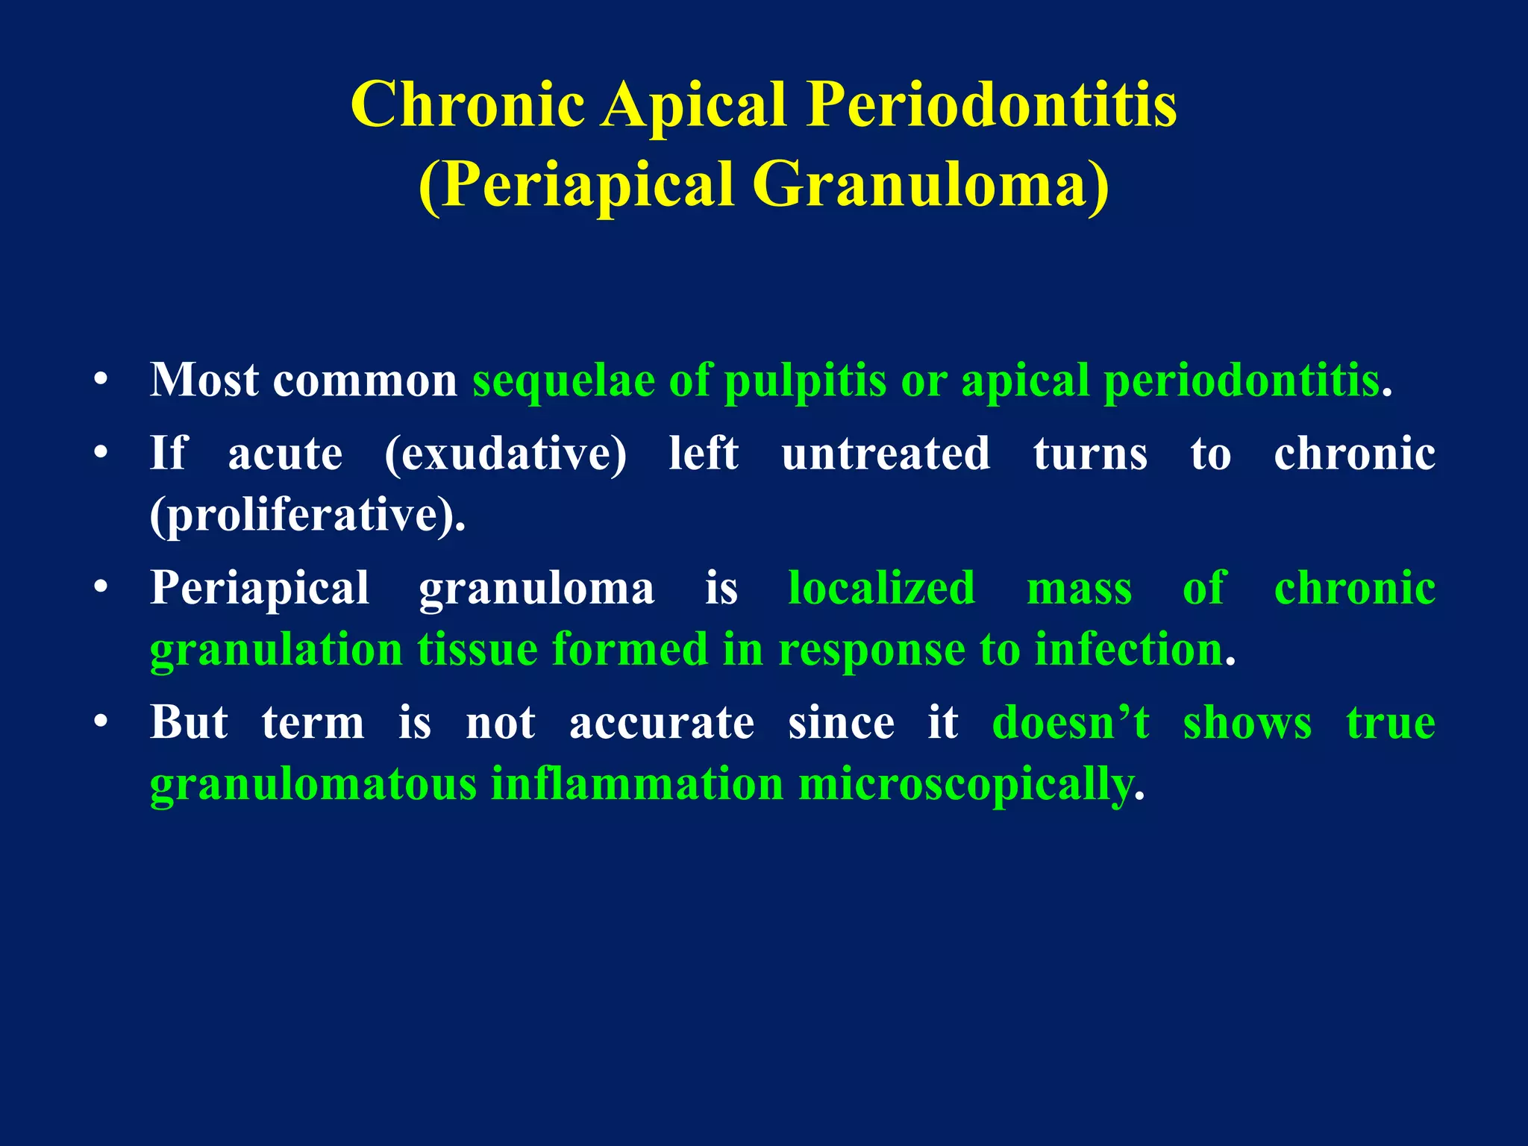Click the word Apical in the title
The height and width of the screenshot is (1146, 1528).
point(695,105)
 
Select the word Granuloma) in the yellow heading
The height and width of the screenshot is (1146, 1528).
point(930,184)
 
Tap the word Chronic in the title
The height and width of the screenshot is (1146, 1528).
point(468,105)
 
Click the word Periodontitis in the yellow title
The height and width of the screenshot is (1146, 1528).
point(992,105)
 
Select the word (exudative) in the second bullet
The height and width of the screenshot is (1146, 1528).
point(506,454)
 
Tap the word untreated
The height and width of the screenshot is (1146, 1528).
point(886,454)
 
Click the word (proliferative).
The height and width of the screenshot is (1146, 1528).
point(307,516)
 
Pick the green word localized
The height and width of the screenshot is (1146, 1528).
point(882,589)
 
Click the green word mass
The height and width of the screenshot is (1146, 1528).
point(1079,589)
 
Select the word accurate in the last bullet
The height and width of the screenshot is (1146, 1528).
point(662,723)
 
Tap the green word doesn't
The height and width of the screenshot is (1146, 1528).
point(1071,723)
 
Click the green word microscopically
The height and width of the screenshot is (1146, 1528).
point(965,785)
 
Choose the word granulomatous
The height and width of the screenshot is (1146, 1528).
point(313,785)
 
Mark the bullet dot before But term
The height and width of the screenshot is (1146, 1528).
point(101,723)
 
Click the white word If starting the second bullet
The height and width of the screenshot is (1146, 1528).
point(168,453)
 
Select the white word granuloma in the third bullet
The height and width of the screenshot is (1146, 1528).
point(536,589)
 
